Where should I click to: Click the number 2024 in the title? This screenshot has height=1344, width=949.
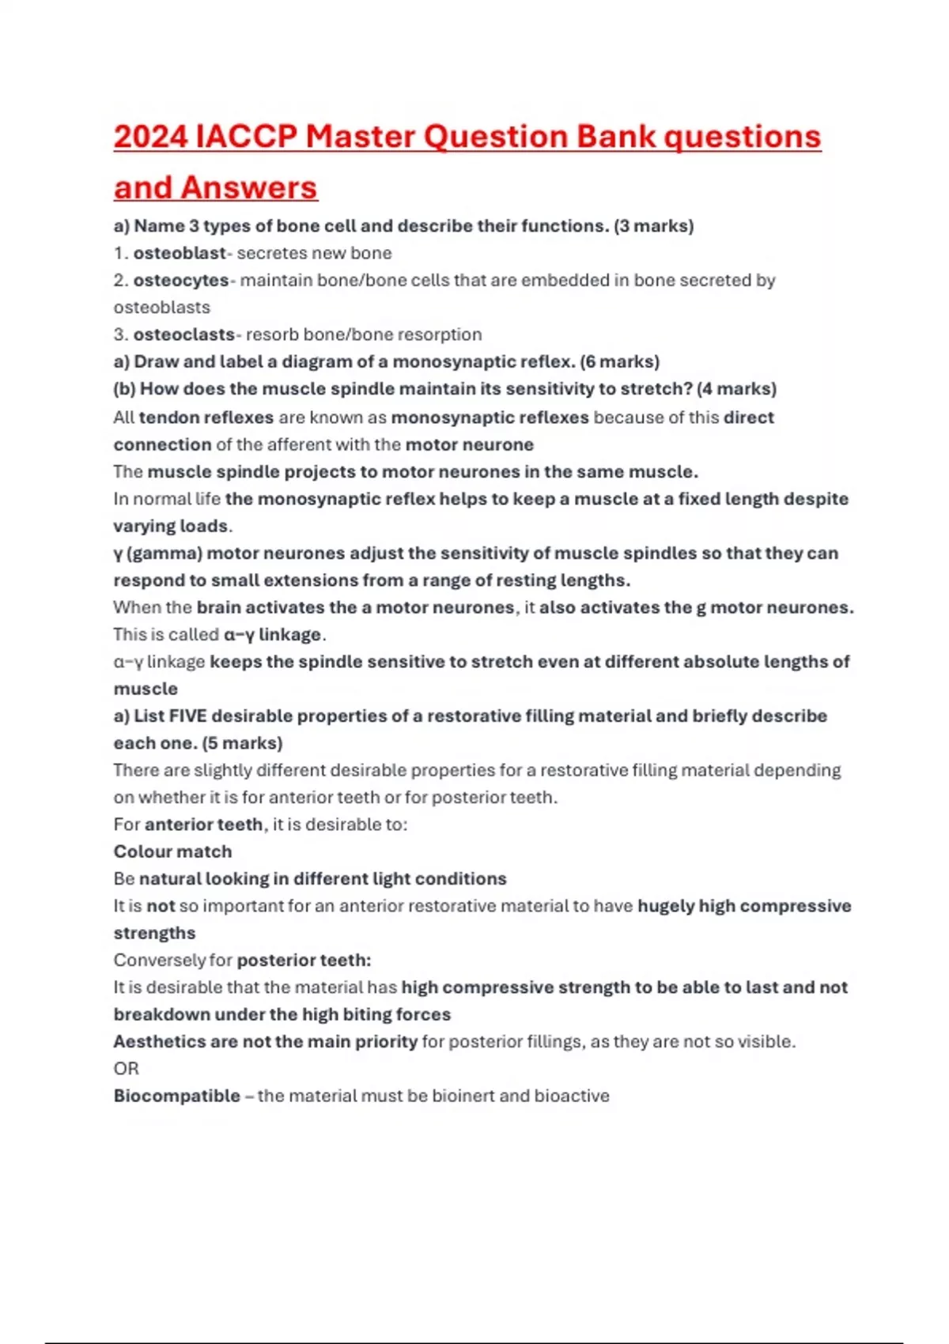[x=150, y=137]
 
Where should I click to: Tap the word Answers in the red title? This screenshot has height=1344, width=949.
[x=248, y=188]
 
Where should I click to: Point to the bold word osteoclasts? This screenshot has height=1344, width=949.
[x=183, y=334]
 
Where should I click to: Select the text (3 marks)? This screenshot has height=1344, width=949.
[x=653, y=226]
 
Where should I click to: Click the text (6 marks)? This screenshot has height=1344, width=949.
[x=619, y=362]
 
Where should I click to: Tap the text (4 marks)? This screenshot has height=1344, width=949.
[x=736, y=389]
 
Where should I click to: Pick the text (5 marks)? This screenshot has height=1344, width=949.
[x=242, y=743]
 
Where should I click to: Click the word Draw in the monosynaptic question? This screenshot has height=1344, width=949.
[x=156, y=362]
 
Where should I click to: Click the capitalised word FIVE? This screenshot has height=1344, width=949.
[x=188, y=716]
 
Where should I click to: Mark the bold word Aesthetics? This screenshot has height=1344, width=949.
[x=160, y=1042]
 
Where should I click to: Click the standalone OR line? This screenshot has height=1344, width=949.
[x=126, y=1069]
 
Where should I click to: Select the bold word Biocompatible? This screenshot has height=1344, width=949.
[x=176, y=1097]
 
